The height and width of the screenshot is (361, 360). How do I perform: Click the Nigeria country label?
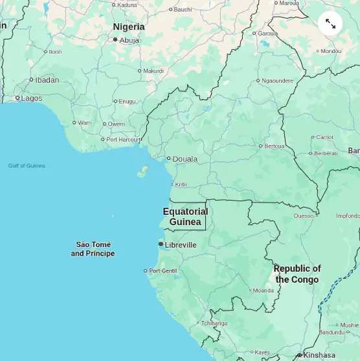coord(129,27)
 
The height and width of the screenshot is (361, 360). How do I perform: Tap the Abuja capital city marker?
coord(115,39)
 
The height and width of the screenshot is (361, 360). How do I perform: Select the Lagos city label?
coord(31,98)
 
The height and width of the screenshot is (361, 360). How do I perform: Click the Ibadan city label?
coord(47,80)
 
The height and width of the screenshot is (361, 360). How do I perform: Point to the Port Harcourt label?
coord(123,139)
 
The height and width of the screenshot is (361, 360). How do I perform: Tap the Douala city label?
coord(185,159)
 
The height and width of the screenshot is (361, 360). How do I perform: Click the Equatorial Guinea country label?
coord(185,217)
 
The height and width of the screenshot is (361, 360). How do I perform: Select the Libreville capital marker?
coord(161,244)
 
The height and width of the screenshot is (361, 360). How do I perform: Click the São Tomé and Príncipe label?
coord(93,249)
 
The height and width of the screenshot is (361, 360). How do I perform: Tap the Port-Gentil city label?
coord(163,270)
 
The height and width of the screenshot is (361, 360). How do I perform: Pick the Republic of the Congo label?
coord(297,274)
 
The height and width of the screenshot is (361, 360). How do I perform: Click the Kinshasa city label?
coord(319,355)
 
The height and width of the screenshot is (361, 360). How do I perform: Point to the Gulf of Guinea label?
coord(27,166)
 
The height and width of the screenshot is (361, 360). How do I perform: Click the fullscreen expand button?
coord(330,23)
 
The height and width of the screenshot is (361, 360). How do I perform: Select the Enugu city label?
coord(127,101)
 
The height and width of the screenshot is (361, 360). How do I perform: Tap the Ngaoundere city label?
coord(277,81)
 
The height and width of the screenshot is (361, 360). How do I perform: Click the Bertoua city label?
coord(274,146)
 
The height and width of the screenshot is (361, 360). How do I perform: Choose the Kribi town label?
coord(181,184)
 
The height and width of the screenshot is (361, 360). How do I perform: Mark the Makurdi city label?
coord(153,71)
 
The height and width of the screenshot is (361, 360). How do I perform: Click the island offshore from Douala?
coord(143,171)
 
